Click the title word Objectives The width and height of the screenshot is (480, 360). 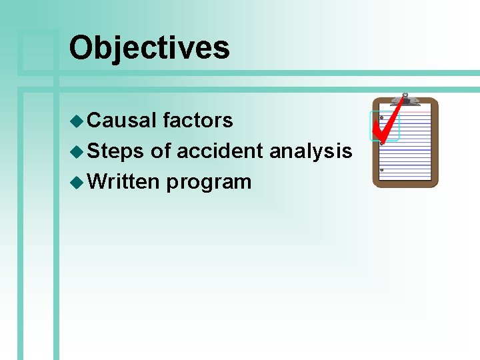[149, 48]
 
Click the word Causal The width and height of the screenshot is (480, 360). [122, 121]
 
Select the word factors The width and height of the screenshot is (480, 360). [198, 121]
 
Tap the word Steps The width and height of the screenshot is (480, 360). [116, 151]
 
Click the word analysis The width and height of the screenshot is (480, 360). [311, 151]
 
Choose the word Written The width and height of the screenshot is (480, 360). [123, 181]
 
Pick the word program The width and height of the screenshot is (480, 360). [209, 183]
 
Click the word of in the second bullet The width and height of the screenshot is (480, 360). [161, 151]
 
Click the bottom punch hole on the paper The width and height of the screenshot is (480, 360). [382, 170]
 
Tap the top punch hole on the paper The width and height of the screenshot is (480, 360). [382, 118]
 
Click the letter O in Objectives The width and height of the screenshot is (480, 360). [82, 48]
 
